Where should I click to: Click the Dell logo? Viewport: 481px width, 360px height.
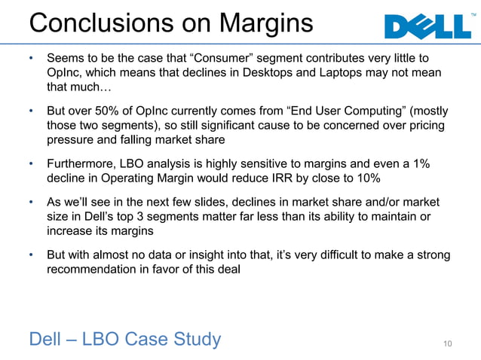pos(426,27)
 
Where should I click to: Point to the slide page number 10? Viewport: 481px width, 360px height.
pos(447,344)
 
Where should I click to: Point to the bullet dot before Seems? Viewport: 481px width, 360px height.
pos(32,58)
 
